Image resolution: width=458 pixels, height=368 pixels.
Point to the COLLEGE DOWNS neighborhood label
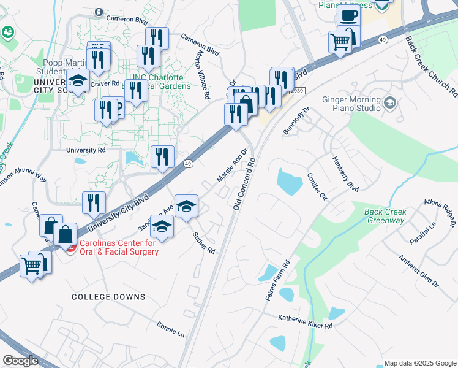click(x=108, y=297)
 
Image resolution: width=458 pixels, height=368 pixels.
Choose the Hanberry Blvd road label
click(x=345, y=174)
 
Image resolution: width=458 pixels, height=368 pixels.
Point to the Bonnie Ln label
click(x=170, y=329)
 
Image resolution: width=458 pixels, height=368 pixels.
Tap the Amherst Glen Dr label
click(x=419, y=272)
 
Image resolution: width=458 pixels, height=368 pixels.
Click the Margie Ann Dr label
click(x=232, y=166)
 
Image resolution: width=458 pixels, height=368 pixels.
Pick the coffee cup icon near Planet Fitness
click(x=349, y=17)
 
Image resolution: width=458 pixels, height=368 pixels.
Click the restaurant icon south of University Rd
click(x=162, y=156)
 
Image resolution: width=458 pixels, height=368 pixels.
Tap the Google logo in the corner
click(x=20, y=361)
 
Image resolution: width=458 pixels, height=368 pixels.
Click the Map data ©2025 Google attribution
click(x=419, y=363)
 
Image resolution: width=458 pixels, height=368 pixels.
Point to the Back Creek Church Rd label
click(x=431, y=66)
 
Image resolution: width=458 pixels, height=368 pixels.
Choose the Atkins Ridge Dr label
click(x=440, y=212)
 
